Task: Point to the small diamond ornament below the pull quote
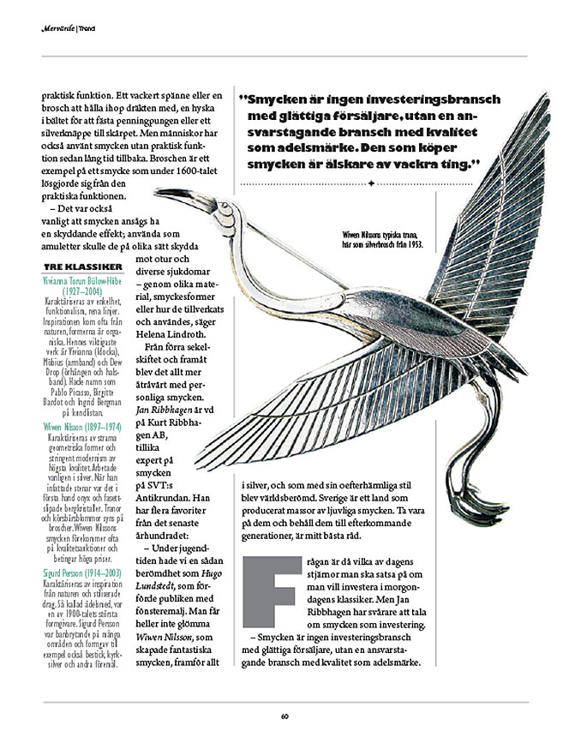point(370,184)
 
